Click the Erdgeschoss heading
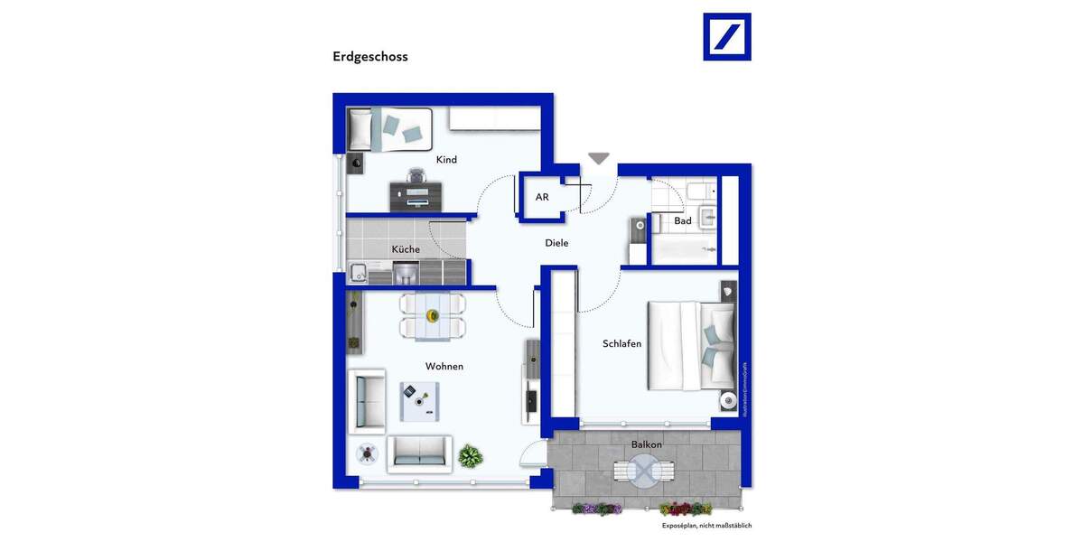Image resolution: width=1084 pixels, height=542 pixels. [x=370, y=57]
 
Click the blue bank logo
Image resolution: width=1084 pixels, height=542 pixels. [x=726, y=37]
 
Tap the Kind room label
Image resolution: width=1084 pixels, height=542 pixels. [x=446, y=160]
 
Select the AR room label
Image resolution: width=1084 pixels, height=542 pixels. [x=542, y=197]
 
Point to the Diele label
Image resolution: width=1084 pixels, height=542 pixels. [x=556, y=243]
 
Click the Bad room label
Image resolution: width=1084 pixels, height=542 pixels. [x=683, y=221]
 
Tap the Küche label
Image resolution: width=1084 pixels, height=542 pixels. [x=406, y=249]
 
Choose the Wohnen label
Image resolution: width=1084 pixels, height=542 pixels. [x=444, y=367]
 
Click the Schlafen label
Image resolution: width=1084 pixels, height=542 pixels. [x=622, y=344]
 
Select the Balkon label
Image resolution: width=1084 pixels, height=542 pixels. [x=646, y=444]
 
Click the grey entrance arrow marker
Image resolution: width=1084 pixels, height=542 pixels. [x=599, y=159]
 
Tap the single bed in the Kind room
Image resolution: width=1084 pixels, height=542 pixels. [x=391, y=129]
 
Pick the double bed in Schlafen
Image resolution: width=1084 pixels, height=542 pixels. [x=691, y=345]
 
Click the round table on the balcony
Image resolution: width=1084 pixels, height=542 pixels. [x=644, y=471]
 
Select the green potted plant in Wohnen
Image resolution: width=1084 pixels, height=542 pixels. [x=471, y=456]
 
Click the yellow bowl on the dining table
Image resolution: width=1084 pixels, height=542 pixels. [x=433, y=315]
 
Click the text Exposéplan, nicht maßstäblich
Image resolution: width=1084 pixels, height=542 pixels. [x=706, y=526]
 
